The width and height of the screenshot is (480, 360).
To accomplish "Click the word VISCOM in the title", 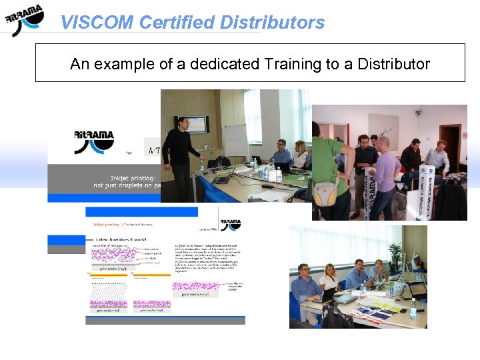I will tap(97, 23).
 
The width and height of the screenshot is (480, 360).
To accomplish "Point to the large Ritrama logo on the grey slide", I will tap(93, 142).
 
